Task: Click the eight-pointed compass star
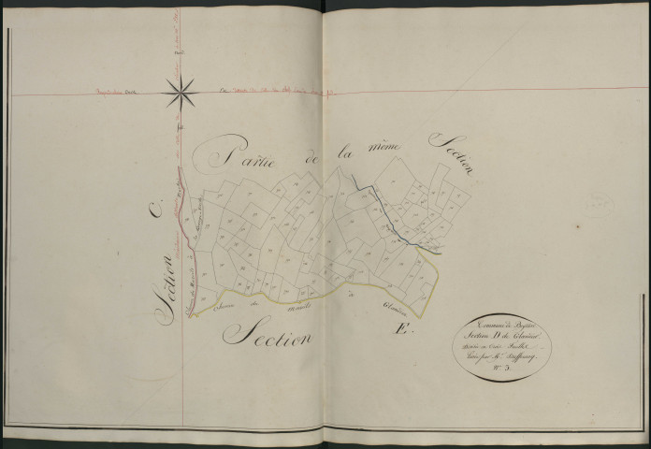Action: (181, 90)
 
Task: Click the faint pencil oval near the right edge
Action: (596, 200)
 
